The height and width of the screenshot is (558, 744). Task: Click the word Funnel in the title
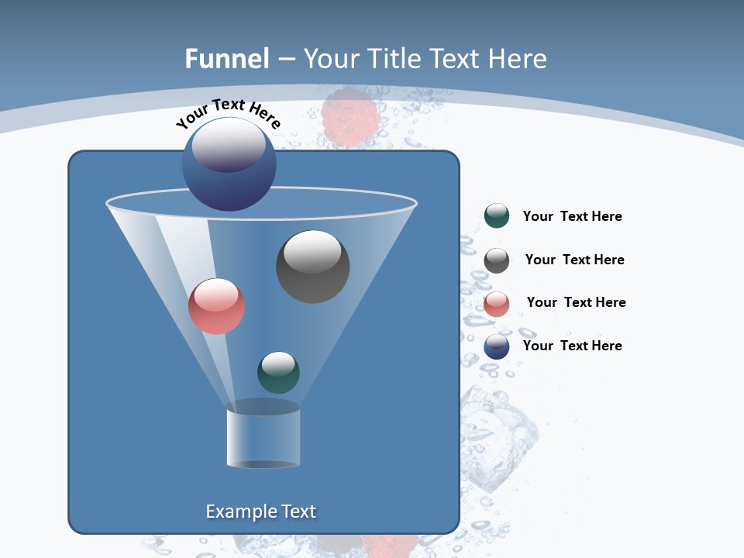click(226, 59)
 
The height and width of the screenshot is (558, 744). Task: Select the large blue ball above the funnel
click(229, 164)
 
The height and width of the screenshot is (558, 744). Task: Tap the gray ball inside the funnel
click(312, 266)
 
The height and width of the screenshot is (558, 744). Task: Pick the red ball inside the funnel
click(216, 306)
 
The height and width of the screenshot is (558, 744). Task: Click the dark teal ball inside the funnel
click(278, 372)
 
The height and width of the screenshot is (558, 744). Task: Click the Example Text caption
click(260, 511)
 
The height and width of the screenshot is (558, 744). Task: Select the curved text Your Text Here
click(229, 113)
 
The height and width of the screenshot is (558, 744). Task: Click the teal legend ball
click(496, 216)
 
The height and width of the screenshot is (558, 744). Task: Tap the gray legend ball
click(496, 260)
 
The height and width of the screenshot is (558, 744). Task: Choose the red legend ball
click(496, 303)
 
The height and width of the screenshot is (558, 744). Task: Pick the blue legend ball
click(496, 346)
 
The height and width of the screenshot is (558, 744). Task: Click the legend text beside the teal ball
click(572, 217)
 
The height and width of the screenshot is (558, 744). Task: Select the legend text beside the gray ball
click(574, 260)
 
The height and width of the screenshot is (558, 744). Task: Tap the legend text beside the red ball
click(576, 303)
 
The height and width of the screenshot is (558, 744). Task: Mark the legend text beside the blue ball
click(572, 346)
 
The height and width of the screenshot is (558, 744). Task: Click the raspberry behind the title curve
click(348, 116)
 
